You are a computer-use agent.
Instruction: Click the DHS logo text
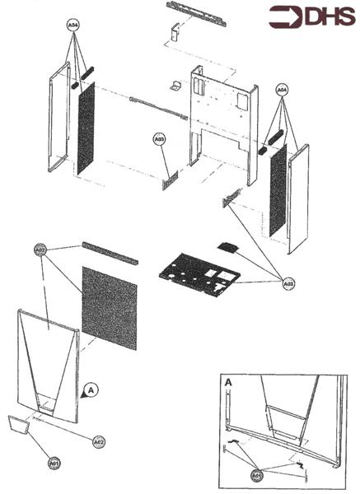pos(325,17)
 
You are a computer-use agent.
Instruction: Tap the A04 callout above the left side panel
pos(73,26)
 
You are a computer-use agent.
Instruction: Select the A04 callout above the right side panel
pos(282,88)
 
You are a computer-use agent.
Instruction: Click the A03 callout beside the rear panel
pos(160,140)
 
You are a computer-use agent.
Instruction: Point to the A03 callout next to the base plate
pos(288,283)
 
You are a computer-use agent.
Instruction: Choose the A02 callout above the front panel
pos(40,249)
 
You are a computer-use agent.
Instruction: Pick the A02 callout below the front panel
pos(98,442)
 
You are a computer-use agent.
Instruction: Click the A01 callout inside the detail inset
pos(256,475)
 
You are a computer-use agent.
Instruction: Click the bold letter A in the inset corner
pos(228,383)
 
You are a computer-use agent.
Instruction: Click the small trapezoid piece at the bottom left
pos(18,426)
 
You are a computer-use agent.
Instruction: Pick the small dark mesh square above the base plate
pos(227,245)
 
